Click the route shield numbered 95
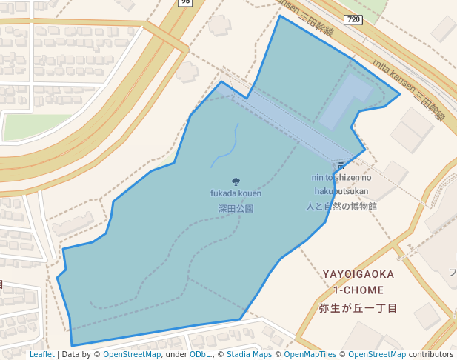(185, 2)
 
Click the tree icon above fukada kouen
(236, 181)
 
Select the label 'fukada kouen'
(236, 193)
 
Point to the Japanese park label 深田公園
(236, 209)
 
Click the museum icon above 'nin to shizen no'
(341, 165)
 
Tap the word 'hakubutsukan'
(341, 191)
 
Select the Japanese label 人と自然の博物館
(341, 206)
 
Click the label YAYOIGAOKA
(358, 274)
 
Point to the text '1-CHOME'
(358, 290)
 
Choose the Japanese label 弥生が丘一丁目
(358, 307)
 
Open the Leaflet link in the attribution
(41, 355)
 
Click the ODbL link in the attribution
(200, 355)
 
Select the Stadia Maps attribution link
(249, 355)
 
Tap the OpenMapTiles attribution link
(310, 355)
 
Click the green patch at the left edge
(26, 127)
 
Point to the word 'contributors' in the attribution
(431, 355)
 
